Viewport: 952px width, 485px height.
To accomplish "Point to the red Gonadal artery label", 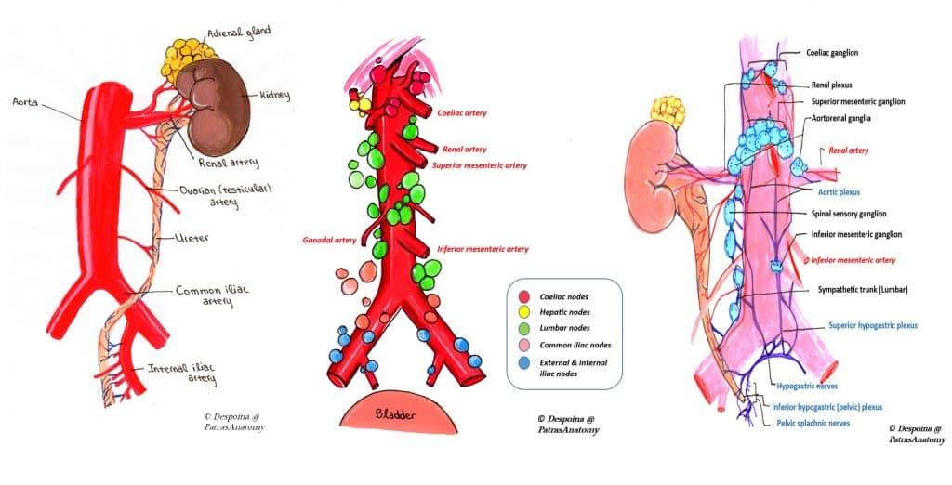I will point(327,240).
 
